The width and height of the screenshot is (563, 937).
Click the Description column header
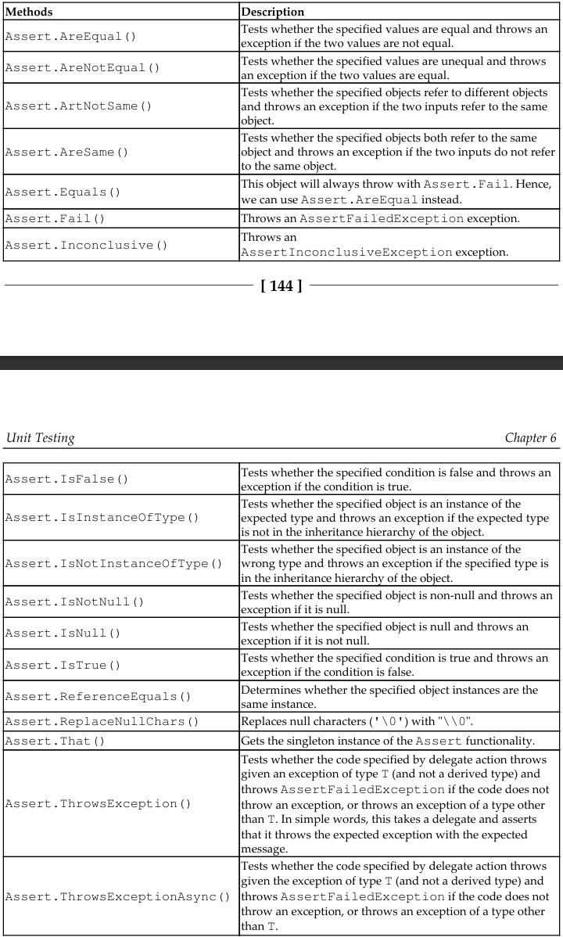click(x=274, y=13)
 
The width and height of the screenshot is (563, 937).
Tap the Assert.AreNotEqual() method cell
click(x=82, y=67)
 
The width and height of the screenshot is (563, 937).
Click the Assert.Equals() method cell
click(x=62, y=192)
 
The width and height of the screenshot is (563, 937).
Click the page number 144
click(x=281, y=286)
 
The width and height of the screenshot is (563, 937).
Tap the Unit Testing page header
click(x=40, y=437)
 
